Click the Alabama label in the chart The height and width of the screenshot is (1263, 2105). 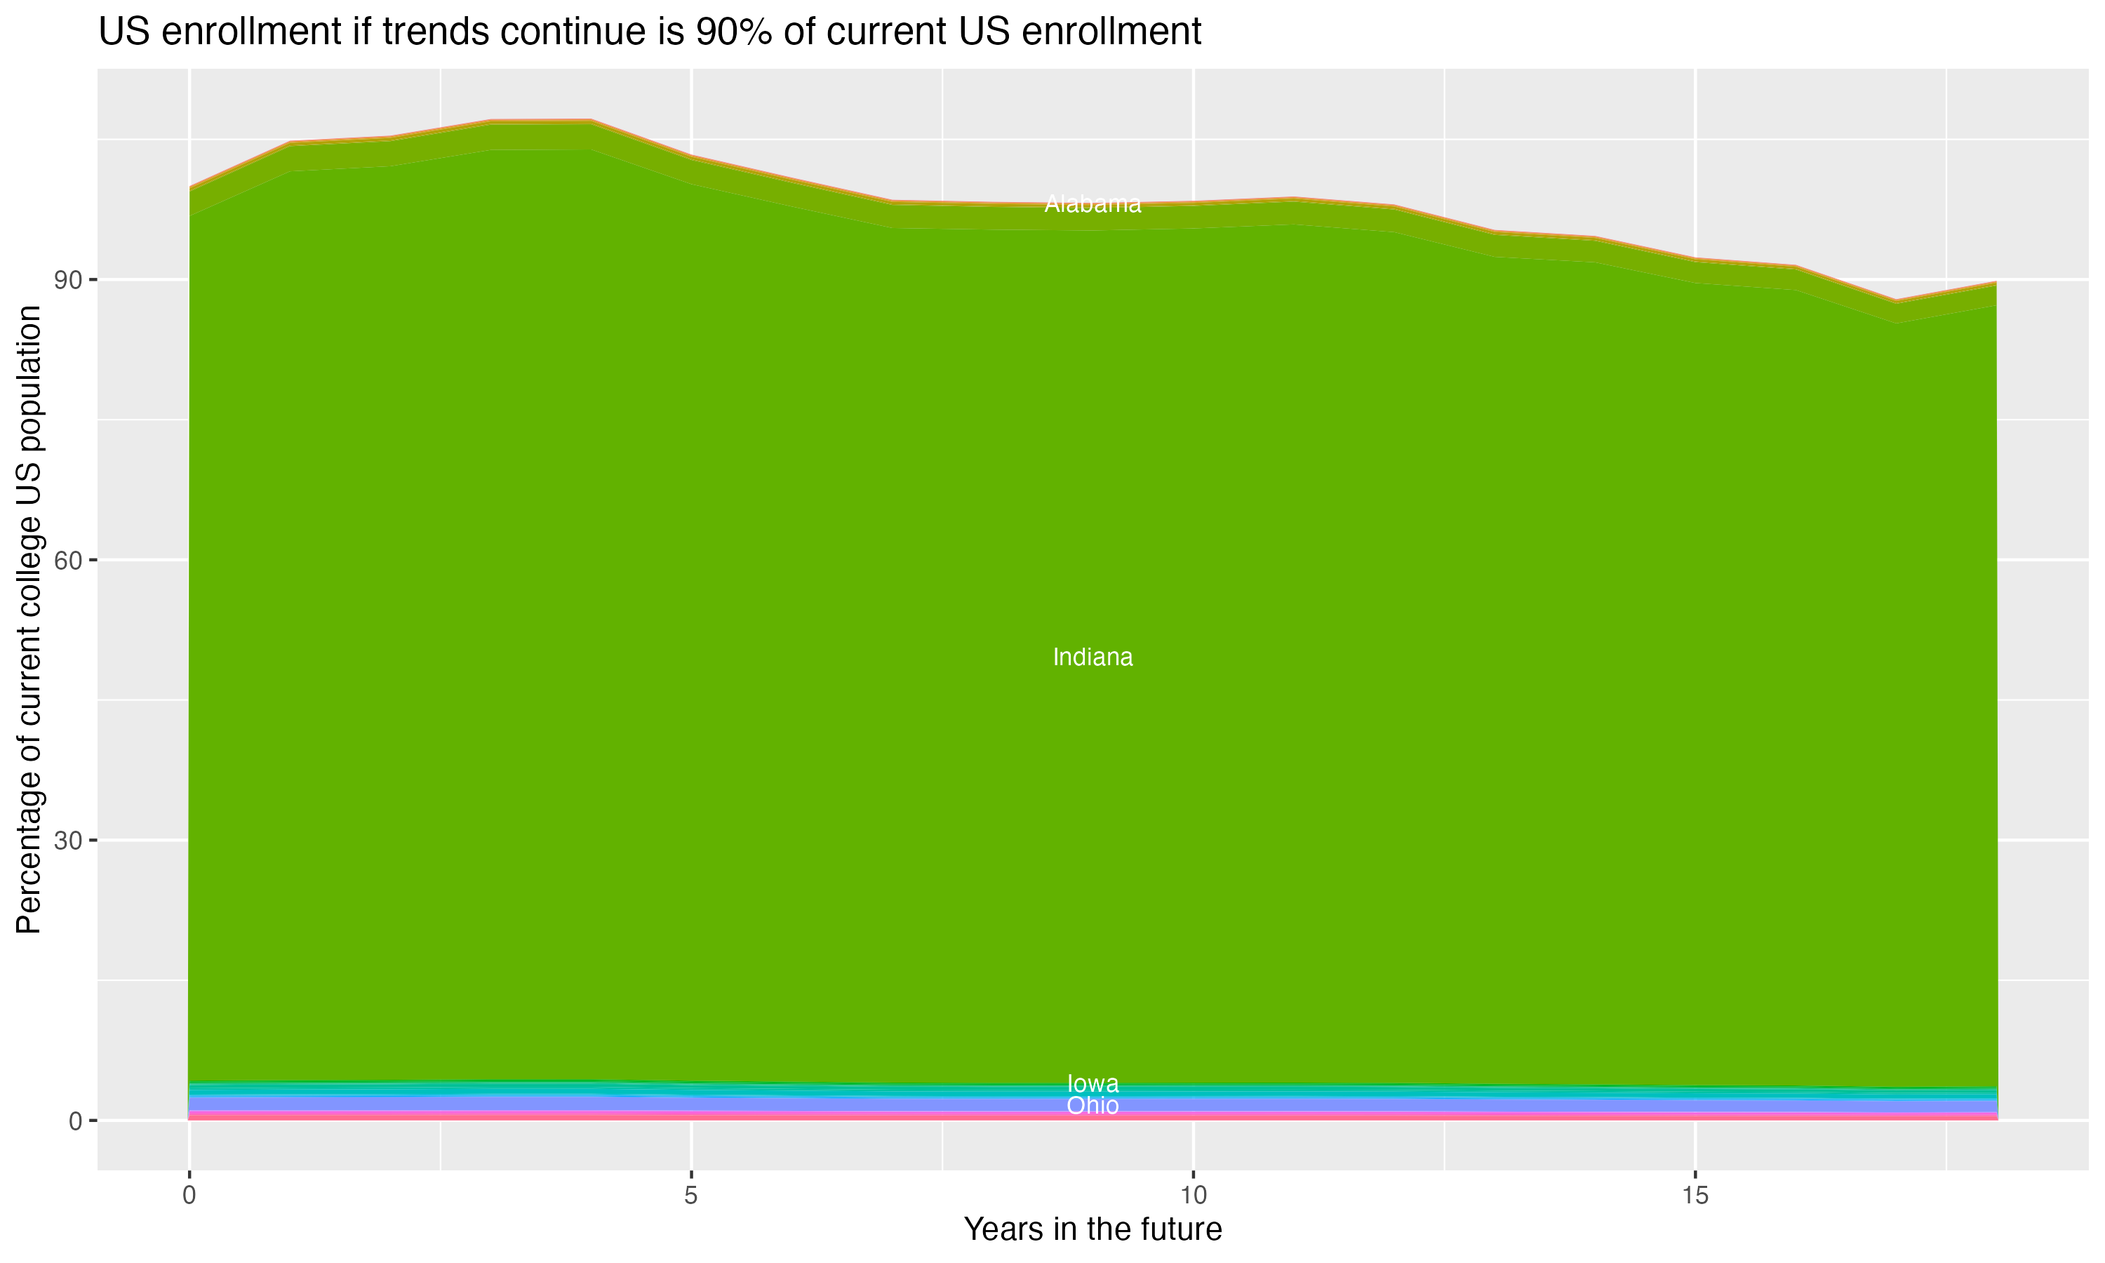(1092, 204)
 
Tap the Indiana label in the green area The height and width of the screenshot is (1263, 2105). (1092, 657)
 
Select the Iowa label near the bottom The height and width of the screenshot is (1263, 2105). (1092, 1083)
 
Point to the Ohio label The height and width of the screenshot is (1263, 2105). (1092, 1106)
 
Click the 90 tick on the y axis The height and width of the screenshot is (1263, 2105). (68, 280)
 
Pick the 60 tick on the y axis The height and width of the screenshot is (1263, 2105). (68, 560)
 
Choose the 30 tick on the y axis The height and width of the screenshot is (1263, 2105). (68, 841)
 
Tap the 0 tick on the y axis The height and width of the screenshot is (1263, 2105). (75, 1121)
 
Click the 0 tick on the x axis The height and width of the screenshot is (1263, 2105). (189, 1195)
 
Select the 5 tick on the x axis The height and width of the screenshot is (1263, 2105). (691, 1195)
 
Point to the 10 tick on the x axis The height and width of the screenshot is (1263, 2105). (1193, 1195)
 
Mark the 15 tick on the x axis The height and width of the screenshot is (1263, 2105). (1695, 1195)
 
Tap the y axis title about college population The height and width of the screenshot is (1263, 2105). (29, 620)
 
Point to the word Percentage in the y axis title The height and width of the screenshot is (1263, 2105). (29, 851)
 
